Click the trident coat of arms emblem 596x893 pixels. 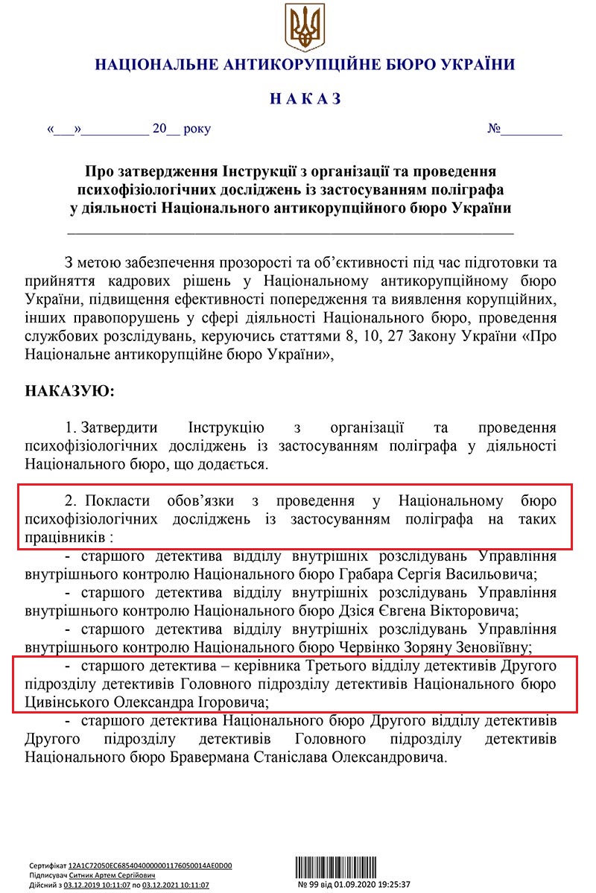click(304, 27)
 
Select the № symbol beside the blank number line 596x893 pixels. click(494, 128)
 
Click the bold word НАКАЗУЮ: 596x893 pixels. click(70, 391)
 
